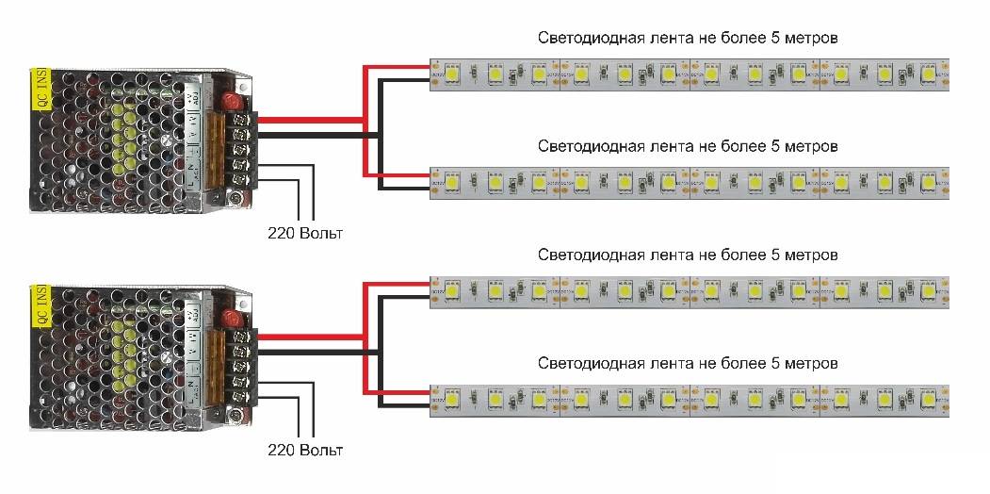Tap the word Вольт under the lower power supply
coord(320,233)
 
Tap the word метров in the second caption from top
coord(811,147)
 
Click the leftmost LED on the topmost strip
coord(453,73)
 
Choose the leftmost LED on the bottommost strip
coord(453,398)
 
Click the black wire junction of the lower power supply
coord(380,352)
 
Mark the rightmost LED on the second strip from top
coord(928,181)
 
